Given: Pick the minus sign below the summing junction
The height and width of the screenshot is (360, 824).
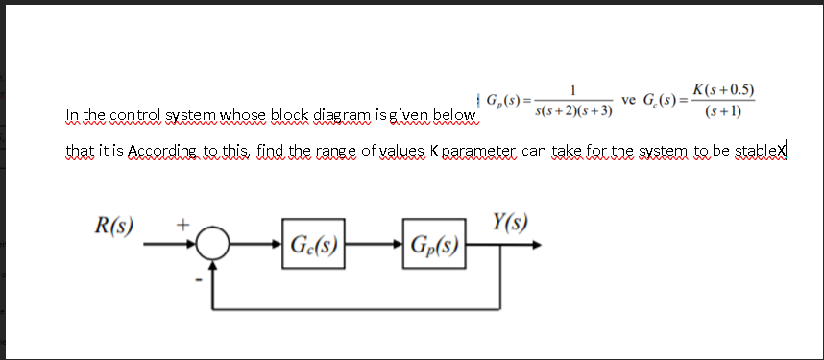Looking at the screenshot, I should pyautogui.click(x=200, y=281).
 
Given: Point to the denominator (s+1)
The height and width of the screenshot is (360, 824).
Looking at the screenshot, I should pyautogui.click(x=722, y=112).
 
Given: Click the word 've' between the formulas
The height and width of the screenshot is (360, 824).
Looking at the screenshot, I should pyautogui.click(x=630, y=101).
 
